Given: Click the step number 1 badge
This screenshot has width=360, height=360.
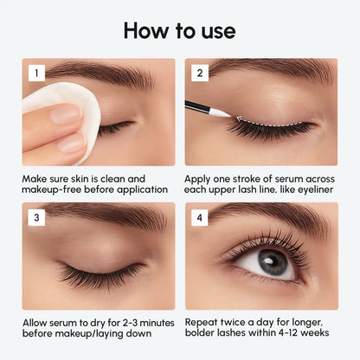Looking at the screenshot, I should coord(36,74).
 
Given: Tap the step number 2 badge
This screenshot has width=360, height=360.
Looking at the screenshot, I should coord(198,74).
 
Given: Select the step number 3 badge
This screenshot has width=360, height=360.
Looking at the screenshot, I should coord(36,217).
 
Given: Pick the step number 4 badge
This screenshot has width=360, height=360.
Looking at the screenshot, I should coord(198,217).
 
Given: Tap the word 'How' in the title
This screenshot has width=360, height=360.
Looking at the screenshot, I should coord(146,30).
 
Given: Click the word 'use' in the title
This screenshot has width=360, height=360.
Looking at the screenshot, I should coord(215,30).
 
